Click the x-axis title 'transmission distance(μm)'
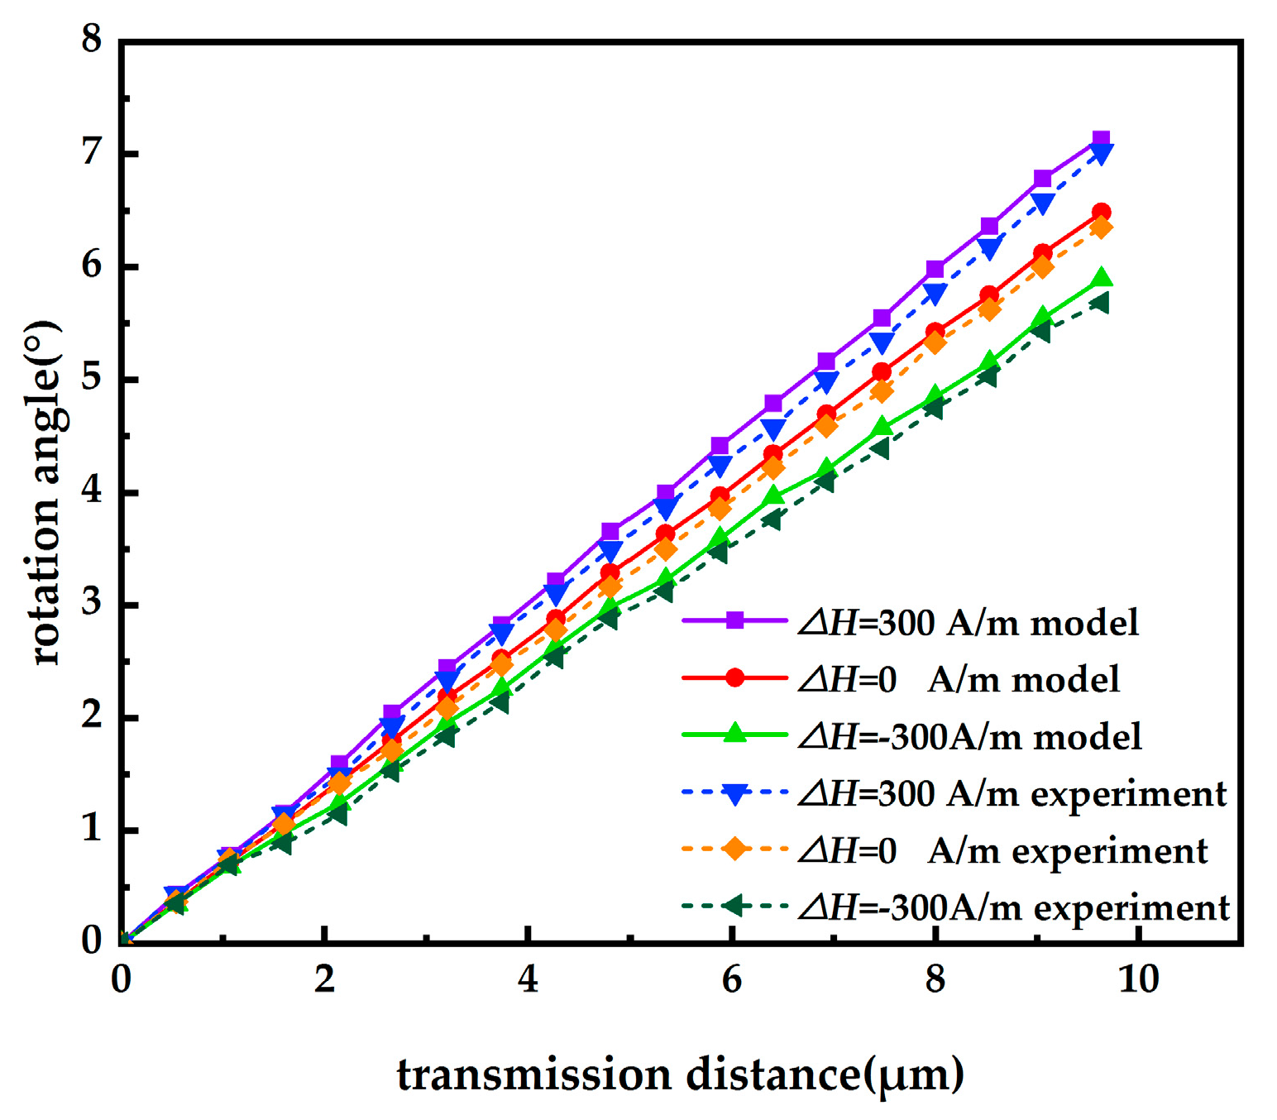[x=680, y=1075]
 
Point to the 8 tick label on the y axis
[x=91, y=40]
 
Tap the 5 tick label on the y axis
[x=91, y=379]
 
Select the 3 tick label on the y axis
[x=91, y=604]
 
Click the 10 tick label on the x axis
[x=1138, y=980]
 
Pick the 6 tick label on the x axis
[x=731, y=980]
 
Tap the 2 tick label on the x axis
[x=324, y=980]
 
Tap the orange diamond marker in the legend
[x=734, y=850]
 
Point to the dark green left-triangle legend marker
[x=734, y=907]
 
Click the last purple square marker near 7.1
[x=1101, y=139]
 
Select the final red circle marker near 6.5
[x=1101, y=213]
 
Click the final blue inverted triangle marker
[x=1101, y=154]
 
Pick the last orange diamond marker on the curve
[x=1101, y=227]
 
